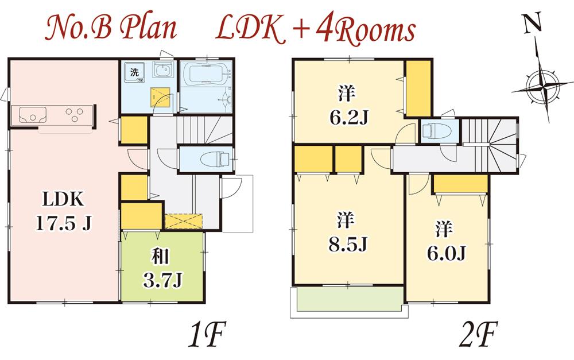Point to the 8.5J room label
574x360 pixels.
pyautogui.click(x=348, y=233)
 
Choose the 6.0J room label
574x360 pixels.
pyautogui.click(x=445, y=241)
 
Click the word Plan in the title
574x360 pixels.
pyautogui.click(x=149, y=29)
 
